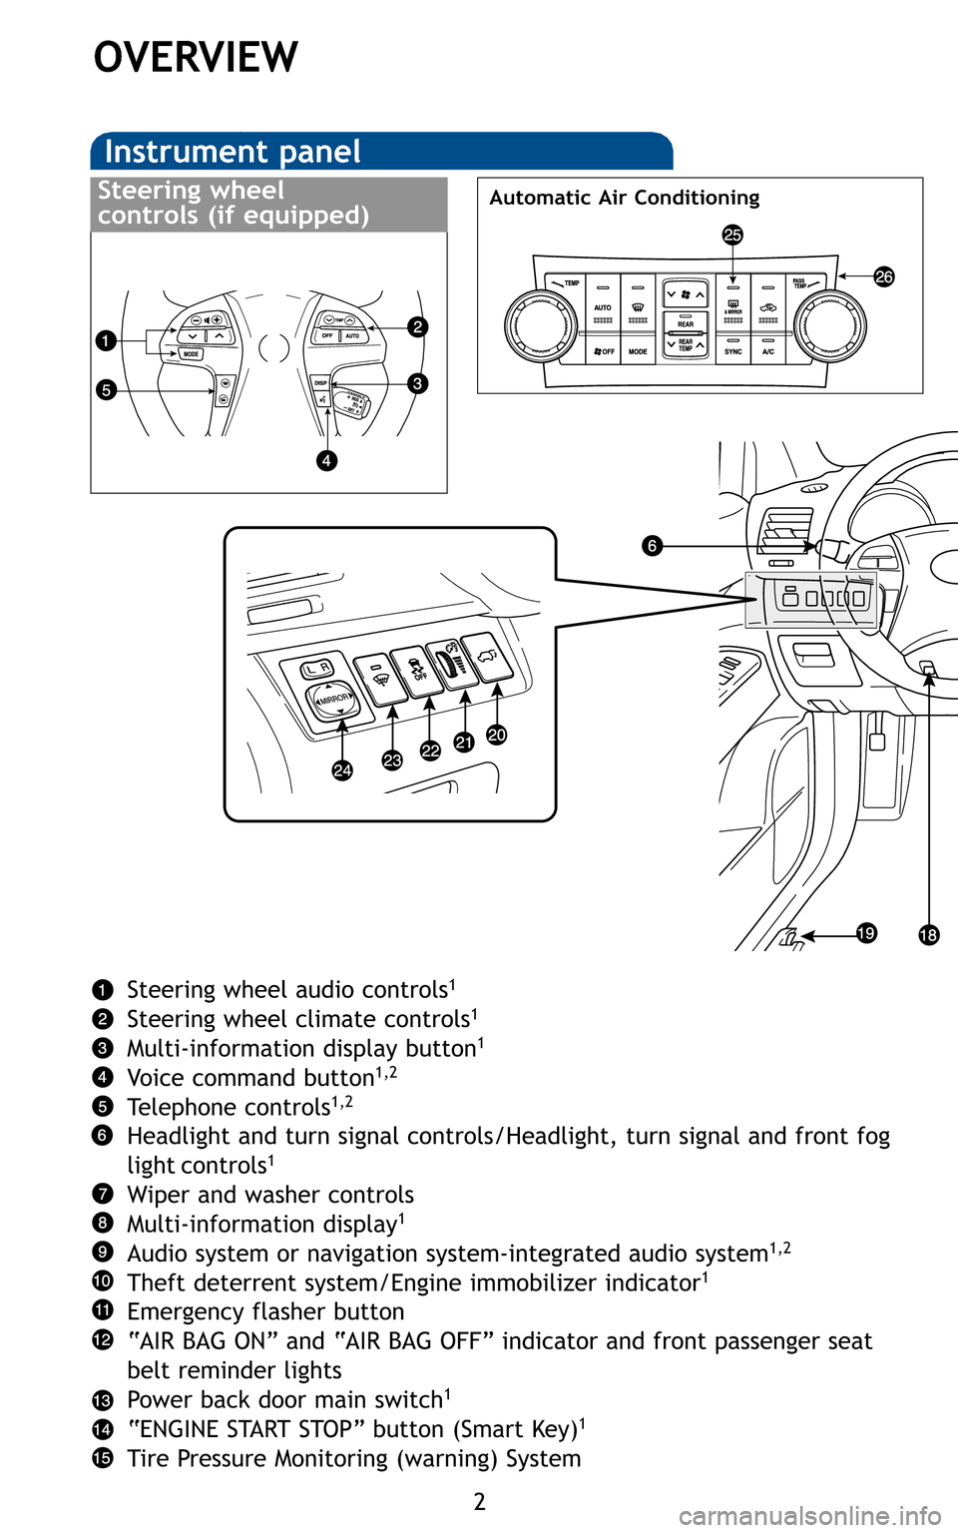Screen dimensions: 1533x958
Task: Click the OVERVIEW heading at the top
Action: tap(196, 58)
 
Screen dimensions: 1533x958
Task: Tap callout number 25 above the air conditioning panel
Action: tap(732, 235)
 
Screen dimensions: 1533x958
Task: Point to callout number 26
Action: tap(884, 276)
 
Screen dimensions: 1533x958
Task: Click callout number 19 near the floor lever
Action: tap(866, 933)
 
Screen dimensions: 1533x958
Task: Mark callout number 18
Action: tap(928, 934)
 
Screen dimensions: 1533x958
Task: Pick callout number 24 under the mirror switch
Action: tap(342, 769)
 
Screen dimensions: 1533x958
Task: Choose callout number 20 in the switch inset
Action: tap(497, 736)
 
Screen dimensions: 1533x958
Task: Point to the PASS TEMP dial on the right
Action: tap(830, 325)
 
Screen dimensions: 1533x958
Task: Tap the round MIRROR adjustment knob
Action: tap(333, 698)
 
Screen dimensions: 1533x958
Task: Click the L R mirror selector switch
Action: tap(318, 668)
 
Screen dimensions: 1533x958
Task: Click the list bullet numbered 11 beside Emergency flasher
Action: tap(103, 1310)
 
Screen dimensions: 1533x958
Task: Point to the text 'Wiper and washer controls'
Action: tap(269, 1195)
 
